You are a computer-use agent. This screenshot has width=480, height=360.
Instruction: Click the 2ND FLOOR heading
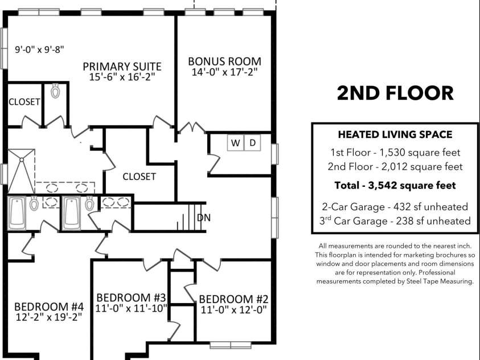click(x=395, y=93)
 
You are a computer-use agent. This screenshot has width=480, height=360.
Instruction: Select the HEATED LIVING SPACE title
click(x=395, y=134)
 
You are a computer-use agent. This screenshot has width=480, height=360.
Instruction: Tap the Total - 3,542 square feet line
click(x=395, y=185)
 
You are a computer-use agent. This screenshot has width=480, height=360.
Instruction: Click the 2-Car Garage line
click(x=395, y=207)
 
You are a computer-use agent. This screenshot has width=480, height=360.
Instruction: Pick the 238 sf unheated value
click(x=433, y=220)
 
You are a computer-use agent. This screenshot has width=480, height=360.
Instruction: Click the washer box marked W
click(x=235, y=142)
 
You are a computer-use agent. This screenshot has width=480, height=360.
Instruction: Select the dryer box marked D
click(x=252, y=142)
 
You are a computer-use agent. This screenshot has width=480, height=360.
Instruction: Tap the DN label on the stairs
click(x=204, y=218)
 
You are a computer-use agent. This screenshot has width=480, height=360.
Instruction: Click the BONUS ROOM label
click(x=224, y=61)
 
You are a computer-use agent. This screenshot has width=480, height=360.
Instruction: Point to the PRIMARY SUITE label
click(x=122, y=67)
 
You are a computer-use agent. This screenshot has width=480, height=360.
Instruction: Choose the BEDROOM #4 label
click(x=49, y=306)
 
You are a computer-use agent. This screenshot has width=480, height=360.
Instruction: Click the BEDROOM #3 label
click(x=131, y=297)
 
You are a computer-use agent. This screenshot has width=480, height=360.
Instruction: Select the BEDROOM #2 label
click(x=233, y=299)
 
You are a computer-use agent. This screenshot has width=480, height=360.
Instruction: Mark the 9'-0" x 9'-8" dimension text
click(x=39, y=50)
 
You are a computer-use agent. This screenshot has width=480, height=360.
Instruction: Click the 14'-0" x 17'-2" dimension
click(x=224, y=72)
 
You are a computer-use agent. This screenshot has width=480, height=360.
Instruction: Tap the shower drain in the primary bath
click(x=22, y=159)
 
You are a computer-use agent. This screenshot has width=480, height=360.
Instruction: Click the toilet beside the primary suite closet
click(x=55, y=91)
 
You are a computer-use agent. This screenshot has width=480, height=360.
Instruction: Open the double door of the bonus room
click(x=192, y=128)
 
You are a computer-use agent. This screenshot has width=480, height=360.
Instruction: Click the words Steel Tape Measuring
click(x=440, y=281)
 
